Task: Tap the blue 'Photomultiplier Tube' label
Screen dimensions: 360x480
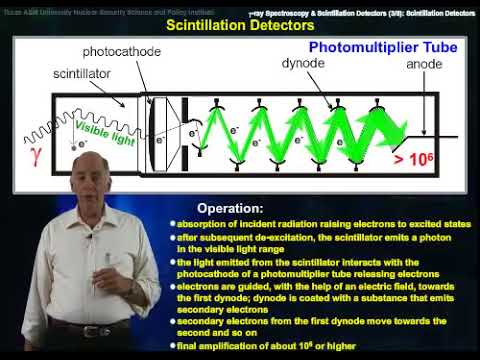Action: pyautogui.click(x=374, y=47)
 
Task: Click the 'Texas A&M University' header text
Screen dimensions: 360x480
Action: pyautogui.click(x=60, y=8)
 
